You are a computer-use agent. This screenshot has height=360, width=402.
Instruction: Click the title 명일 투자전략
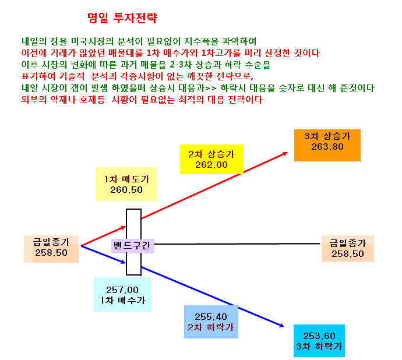pyautogui.click(x=122, y=18)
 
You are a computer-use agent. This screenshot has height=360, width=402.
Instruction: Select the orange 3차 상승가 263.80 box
pyautogui.click(x=327, y=145)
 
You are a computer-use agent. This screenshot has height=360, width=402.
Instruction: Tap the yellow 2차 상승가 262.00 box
pyautogui.click(x=211, y=159)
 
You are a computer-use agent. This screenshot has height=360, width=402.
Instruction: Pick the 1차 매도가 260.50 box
pyautogui.click(x=126, y=184)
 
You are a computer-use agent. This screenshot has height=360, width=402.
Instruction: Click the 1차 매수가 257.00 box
pyautogui.click(x=122, y=295)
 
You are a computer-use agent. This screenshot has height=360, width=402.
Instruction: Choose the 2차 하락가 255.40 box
pyautogui.click(x=211, y=322)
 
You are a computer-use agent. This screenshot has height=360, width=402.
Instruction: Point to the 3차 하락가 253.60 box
pyautogui.click(x=319, y=341)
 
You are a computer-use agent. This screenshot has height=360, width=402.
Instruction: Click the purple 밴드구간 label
pyautogui.click(x=133, y=246)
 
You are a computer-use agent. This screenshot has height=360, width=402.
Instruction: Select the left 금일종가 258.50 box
pyautogui.click(x=51, y=249)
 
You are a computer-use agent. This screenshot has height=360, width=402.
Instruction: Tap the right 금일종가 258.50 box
pyautogui.click(x=348, y=249)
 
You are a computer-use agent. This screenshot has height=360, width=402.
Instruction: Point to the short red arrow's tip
pyautogui.click(x=125, y=227)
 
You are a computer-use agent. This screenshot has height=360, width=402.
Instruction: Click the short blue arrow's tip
pyautogui.click(x=125, y=263)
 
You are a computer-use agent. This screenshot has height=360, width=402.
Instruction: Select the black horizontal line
pyautogui.click(x=237, y=244)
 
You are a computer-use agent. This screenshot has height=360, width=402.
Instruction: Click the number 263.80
pyautogui.click(x=327, y=147)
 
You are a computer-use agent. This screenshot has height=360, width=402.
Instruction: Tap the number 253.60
pyautogui.click(x=319, y=336)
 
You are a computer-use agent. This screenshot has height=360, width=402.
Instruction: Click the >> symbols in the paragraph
pyautogui.click(x=211, y=88)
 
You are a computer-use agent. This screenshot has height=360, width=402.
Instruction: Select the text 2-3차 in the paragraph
pyautogui.click(x=181, y=65)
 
